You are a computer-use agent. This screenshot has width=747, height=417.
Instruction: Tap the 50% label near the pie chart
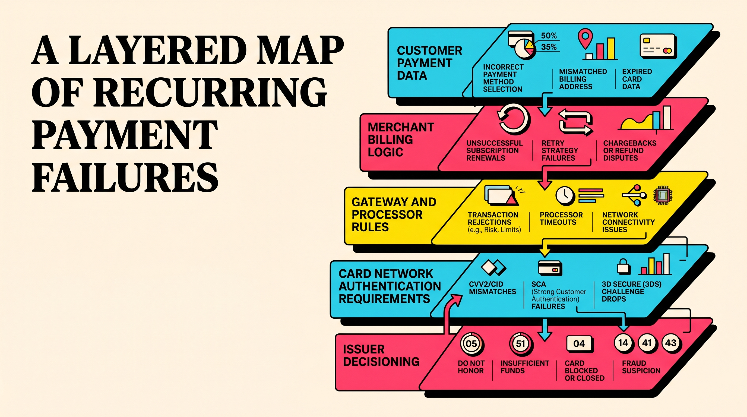click(x=549, y=36)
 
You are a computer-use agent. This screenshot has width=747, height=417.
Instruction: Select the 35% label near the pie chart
click(x=549, y=47)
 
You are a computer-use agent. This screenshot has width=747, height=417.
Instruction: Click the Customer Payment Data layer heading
click(x=429, y=63)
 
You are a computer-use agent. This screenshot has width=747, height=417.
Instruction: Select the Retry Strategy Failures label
click(x=560, y=150)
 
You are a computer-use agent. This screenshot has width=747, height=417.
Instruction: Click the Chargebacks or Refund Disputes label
click(x=629, y=150)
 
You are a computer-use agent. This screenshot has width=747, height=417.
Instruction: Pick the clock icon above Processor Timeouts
click(x=565, y=195)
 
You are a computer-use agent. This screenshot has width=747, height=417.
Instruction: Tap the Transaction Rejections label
click(x=493, y=219)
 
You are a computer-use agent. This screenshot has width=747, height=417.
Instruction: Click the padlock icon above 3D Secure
click(x=623, y=267)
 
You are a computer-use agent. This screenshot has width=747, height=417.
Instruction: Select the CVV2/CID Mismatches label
click(x=492, y=288)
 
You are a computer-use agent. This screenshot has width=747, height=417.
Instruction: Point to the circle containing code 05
click(x=471, y=344)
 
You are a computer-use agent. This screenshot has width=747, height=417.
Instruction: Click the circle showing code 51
click(x=521, y=344)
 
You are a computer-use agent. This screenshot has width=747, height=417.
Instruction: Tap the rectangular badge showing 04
click(x=579, y=344)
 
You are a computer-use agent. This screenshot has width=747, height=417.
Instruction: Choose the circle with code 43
click(x=671, y=343)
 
